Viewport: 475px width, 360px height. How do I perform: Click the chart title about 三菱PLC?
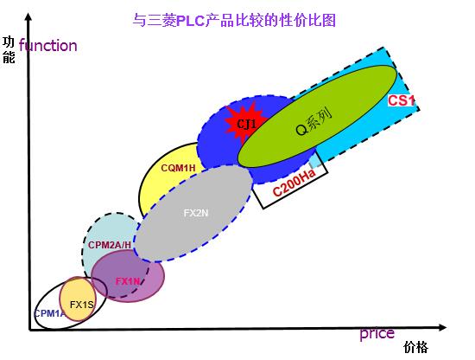click(x=234, y=21)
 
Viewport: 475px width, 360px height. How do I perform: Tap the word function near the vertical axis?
click(x=47, y=46)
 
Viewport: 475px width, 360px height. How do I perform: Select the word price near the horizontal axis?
click(x=377, y=334)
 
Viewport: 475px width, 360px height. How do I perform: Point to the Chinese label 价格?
click(x=415, y=347)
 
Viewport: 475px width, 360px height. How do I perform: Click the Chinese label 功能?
click(x=9, y=50)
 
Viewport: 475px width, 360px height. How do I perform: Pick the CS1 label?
click(x=401, y=100)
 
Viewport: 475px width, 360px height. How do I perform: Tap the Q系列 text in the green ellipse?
click(x=313, y=121)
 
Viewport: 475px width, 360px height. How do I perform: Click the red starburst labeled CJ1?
click(x=245, y=123)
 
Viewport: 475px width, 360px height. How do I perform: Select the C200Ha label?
click(x=294, y=182)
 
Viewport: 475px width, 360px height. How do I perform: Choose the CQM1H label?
click(x=178, y=168)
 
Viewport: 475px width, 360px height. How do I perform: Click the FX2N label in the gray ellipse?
click(x=196, y=213)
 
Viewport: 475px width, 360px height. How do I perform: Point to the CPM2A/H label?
click(x=110, y=245)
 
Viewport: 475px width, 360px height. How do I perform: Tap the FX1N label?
click(x=128, y=281)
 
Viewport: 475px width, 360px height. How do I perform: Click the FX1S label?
click(x=81, y=305)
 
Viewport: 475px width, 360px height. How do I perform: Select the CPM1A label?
click(x=49, y=313)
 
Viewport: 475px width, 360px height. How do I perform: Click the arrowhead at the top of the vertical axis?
click(x=28, y=16)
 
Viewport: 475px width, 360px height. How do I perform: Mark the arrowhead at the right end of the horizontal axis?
click(x=442, y=327)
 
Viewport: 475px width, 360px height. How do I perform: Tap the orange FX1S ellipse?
click(x=78, y=299)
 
